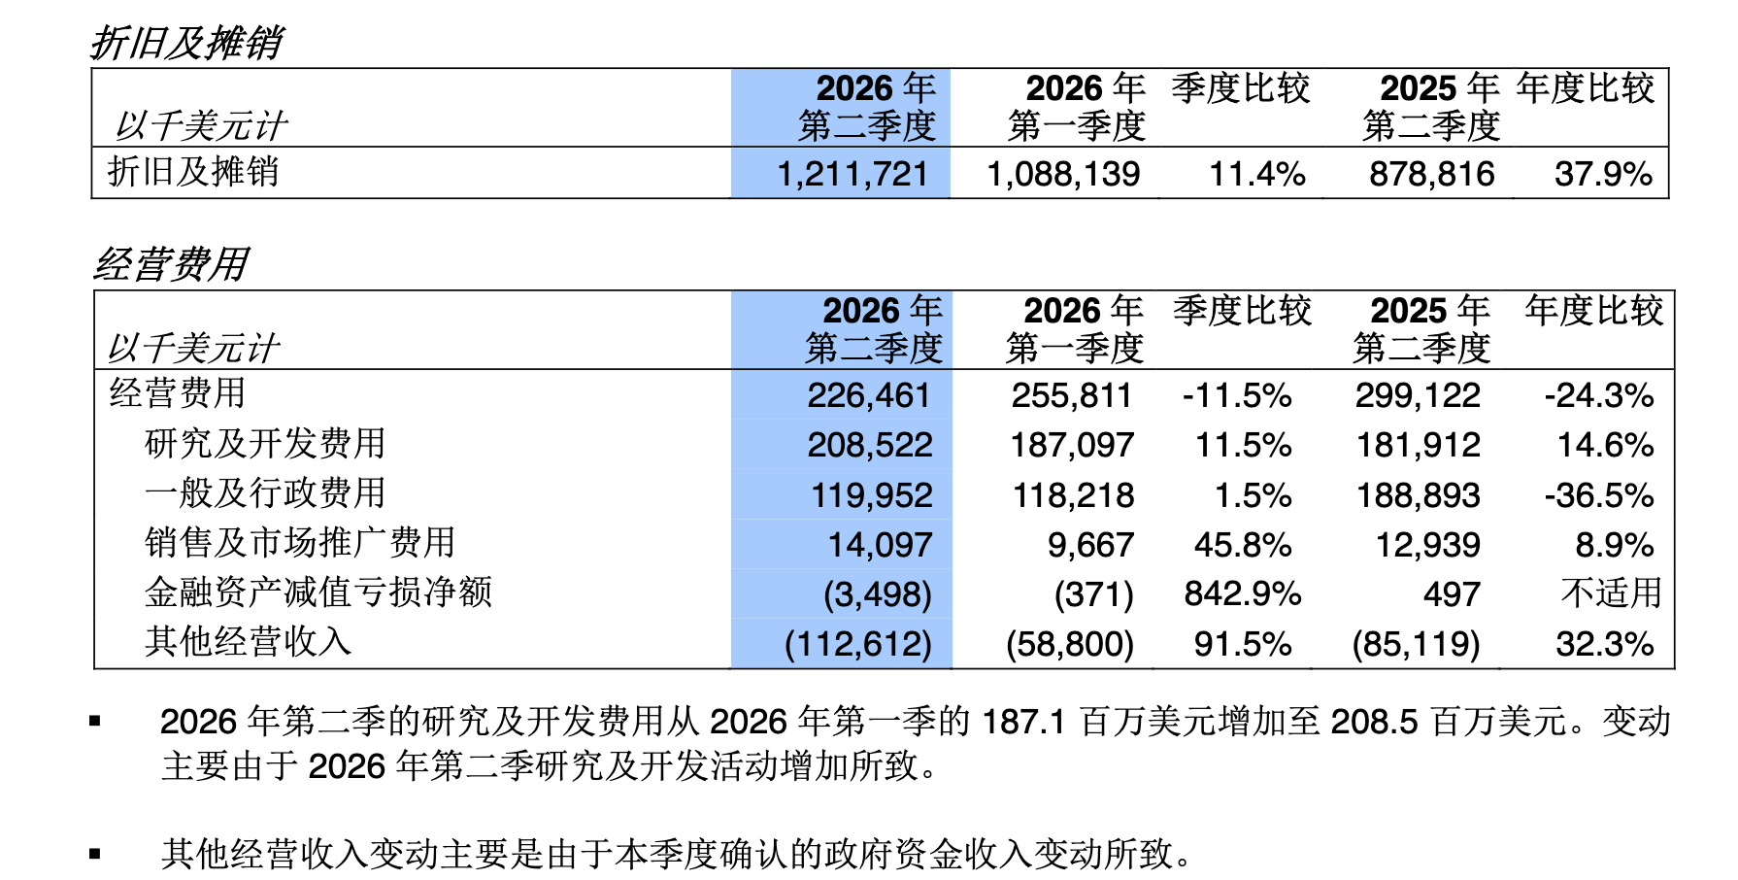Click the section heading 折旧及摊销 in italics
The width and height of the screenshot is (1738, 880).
[186, 43]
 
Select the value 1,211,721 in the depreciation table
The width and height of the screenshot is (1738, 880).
[852, 174]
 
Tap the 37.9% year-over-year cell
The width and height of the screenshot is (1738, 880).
[1603, 174]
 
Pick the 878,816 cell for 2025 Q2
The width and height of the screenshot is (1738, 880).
[1432, 174]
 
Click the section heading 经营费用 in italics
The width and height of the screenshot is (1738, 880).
[171, 264]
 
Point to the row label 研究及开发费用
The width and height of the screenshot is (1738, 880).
[265, 444]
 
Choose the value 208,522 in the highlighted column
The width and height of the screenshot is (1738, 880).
[870, 445]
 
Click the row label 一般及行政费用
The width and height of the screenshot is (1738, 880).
[265, 493]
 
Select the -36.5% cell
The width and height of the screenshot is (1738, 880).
[1599, 495]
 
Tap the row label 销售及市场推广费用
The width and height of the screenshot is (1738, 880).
[300, 543]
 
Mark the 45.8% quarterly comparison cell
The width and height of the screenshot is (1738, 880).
[1243, 545]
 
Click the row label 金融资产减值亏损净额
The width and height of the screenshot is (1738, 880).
[318, 592]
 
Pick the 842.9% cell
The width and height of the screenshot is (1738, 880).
[1243, 594]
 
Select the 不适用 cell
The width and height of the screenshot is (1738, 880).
[1611, 592]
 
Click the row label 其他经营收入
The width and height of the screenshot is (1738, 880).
[248, 642]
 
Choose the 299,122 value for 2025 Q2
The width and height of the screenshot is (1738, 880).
[1419, 395]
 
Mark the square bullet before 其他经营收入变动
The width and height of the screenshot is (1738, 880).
[95, 855]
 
